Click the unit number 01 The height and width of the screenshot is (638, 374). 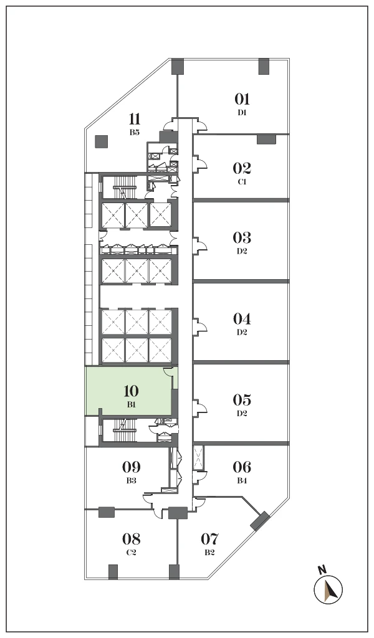click(242, 99)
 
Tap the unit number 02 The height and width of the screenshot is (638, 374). click(242, 168)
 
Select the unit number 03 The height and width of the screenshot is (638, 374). click(242, 237)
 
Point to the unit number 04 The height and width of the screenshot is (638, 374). click(242, 318)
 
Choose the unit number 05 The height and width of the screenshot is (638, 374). click(242, 400)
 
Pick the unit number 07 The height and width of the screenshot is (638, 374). click(209, 539)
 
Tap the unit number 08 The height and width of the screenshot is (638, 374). click(131, 539)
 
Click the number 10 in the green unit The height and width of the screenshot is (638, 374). click(131, 391)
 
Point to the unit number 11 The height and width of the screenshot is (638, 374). click(135, 120)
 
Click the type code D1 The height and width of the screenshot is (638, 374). click(242, 113)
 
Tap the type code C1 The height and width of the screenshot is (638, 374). click(242, 182)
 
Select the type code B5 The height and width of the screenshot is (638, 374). click(135, 132)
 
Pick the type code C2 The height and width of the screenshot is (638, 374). click(131, 553)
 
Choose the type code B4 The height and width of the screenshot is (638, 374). click(242, 480)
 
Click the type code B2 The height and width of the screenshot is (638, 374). click(209, 553)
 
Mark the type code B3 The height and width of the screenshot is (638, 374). click(131, 480)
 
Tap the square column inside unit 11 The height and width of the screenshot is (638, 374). click(102, 141)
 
